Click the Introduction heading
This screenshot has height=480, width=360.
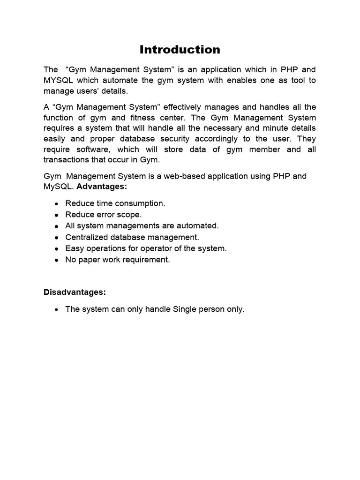[180, 50]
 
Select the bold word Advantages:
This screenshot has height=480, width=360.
[102, 187]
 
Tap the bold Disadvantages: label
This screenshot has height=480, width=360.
[75, 292]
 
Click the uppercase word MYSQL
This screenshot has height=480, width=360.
[59, 80]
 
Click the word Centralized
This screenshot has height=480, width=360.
[87, 237]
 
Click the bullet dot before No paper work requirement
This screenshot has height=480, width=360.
[56, 260]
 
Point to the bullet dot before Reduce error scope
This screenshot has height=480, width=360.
[56, 215]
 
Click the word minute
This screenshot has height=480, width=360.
[273, 128]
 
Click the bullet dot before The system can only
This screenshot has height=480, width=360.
[56, 310]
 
